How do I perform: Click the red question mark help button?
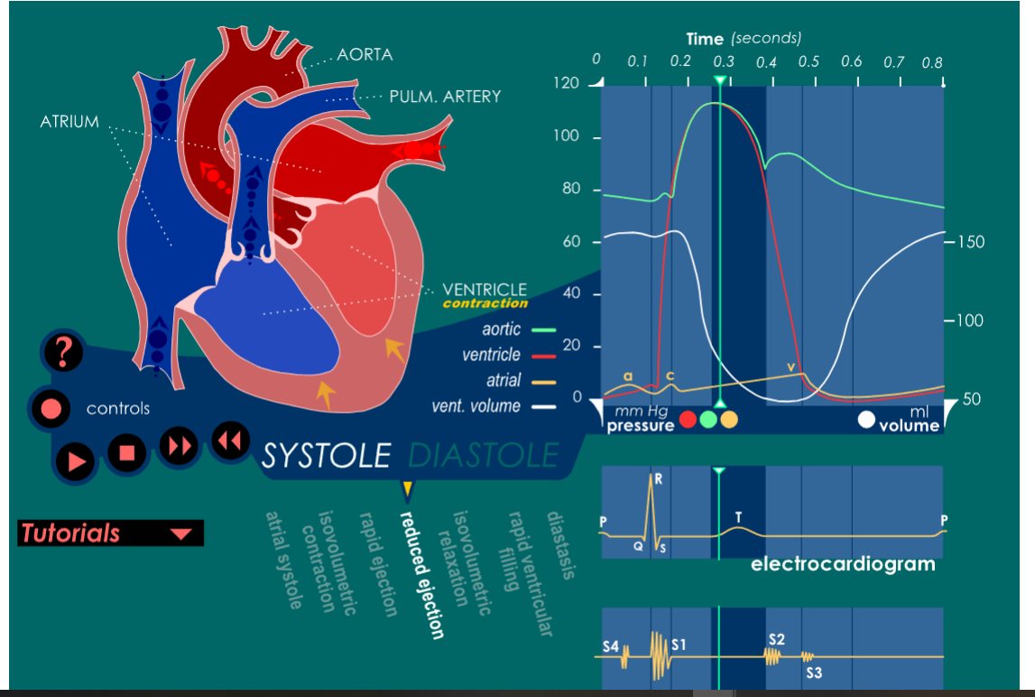[x=62, y=352]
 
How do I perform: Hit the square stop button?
[x=127, y=451]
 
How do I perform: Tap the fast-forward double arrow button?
[x=178, y=444]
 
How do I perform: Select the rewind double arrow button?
[x=230, y=440]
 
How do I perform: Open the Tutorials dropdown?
[x=110, y=533]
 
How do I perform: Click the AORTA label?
[x=365, y=55]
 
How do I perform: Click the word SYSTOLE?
[x=326, y=456]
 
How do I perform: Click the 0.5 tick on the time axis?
[x=809, y=62]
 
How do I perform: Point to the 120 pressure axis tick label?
[x=567, y=83]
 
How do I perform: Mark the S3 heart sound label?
[x=813, y=673]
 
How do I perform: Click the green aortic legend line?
[x=542, y=331]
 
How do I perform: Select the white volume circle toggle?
[x=867, y=419]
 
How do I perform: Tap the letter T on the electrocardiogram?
[x=738, y=517]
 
